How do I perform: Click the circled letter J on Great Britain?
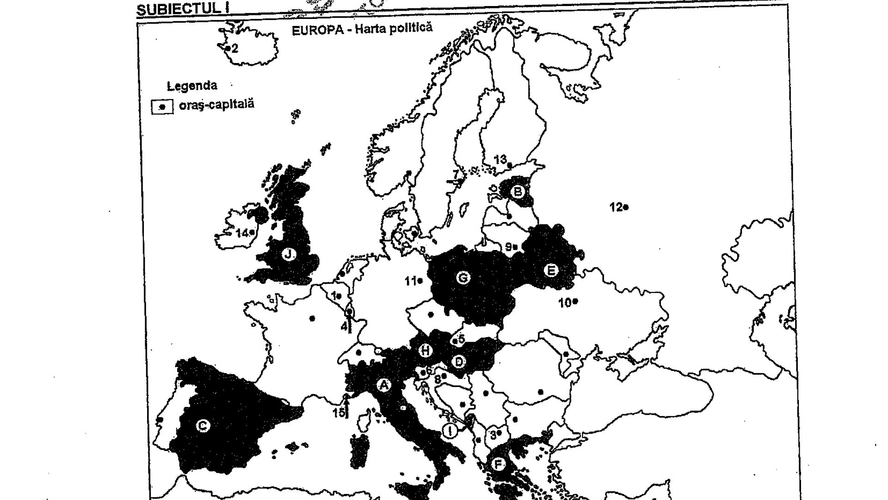click(289, 254)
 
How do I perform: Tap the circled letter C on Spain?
click(203, 425)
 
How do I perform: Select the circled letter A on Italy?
click(383, 385)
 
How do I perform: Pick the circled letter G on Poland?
click(462, 278)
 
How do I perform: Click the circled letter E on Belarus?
click(550, 270)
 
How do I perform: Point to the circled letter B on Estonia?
click(518, 191)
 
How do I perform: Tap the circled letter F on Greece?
click(498, 463)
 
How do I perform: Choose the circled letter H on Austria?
click(425, 351)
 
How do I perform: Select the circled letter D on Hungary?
click(458, 362)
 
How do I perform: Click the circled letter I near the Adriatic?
click(450, 431)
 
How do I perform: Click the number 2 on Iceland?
click(234, 49)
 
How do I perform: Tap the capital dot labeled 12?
click(626, 207)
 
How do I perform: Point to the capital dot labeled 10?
click(575, 301)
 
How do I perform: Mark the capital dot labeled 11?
click(420, 281)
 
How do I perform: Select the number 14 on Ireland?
click(241, 233)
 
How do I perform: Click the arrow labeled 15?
click(347, 406)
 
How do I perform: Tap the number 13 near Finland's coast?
click(500, 160)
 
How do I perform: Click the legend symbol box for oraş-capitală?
click(162, 106)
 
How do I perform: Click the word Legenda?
click(192, 86)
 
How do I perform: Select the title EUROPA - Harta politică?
click(362, 29)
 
